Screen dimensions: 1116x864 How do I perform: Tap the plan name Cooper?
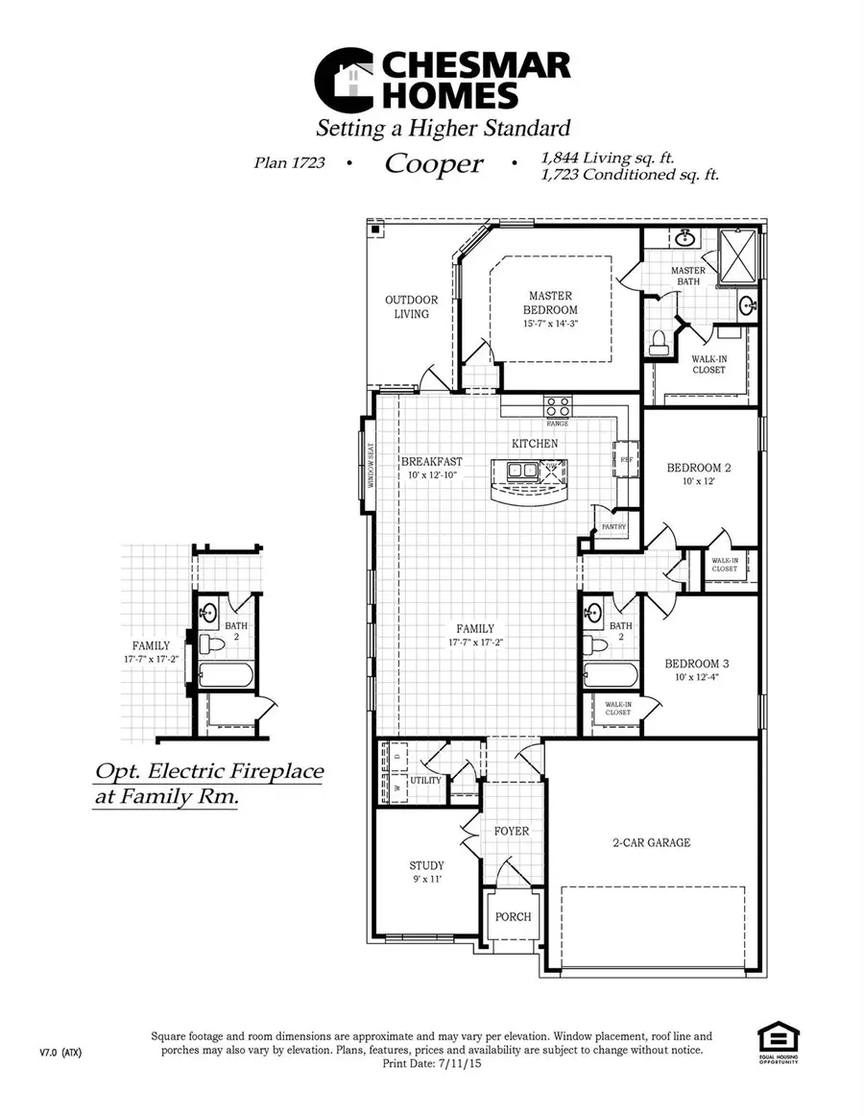click(433, 164)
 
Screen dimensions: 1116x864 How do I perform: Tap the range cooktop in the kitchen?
click(558, 405)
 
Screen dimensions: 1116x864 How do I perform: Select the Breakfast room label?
click(432, 461)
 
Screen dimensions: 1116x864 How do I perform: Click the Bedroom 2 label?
click(699, 468)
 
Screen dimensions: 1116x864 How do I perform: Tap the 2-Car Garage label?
click(652, 842)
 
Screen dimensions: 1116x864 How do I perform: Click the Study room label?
click(426, 865)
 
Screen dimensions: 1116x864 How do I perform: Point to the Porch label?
click(513, 916)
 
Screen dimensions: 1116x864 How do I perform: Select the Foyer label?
click(512, 831)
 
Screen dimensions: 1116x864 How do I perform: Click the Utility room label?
click(425, 780)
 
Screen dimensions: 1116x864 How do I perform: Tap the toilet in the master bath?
click(660, 340)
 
